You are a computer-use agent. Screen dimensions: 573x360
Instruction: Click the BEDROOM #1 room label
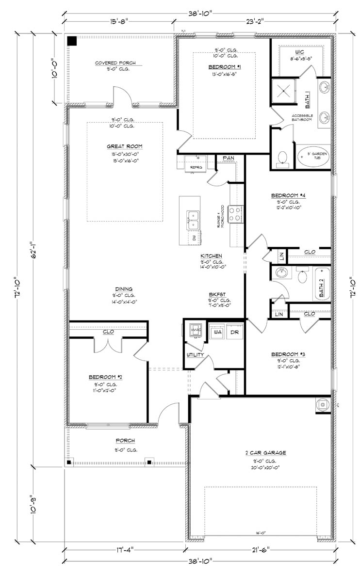(x=225, y=66)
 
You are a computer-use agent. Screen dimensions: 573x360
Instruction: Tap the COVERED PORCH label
(x=115, y=63)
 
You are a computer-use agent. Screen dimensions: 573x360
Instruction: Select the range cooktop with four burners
(x=235, y=214)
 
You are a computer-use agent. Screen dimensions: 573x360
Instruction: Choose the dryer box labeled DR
(x=234, y=333)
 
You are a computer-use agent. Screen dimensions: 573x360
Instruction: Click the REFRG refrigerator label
(x=196, y=167)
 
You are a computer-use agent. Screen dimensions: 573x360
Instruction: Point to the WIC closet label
(x=299, y=51)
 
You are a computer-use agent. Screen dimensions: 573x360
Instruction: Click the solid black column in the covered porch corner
(x=72, y=41)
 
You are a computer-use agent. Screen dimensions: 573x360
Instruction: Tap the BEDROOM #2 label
(x=102, y=377)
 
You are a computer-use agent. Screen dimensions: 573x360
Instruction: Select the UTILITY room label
(x=196, y=355)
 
